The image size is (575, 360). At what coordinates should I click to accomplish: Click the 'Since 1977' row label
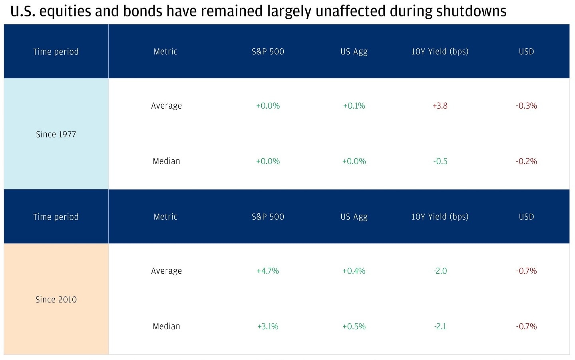pyautogui.click(x=56, y=134)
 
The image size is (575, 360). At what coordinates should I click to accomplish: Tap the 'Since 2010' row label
pyautogui.click(x=56, y=299)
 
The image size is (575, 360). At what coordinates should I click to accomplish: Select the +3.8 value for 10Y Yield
pyautogui.click(x=440, y=106)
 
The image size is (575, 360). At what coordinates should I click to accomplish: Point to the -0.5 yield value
pyautogui.click(x=440, y=161)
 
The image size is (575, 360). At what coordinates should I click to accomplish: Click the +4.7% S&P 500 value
pyautogui.click(x=268, y=271)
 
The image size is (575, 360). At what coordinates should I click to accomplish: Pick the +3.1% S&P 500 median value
pyautogui.click(x=268, y=326)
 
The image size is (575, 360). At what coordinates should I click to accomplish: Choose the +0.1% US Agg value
pyautogui.click(x=354, y=106)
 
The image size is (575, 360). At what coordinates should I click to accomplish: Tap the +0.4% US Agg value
pyautogui.click(x=354, y=271)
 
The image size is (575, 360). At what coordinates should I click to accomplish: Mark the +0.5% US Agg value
pyautogui.click(x=354, y=326)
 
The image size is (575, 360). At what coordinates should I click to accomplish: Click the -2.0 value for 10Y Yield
pyautogui.click(x=440, y=271)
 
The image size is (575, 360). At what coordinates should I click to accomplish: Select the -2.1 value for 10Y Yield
pyautogui.click(x=440, y=326)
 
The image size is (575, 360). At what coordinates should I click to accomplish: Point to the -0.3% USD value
pyautogui.click(x=526, y=106)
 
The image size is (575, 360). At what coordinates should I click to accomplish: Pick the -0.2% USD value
pyautogui.click(x=526, y=161)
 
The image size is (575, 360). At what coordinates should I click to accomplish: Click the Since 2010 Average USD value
pyautogui.click(x=526, y=271)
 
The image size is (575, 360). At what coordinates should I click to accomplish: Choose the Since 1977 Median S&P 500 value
pyautogui.click(x=268, y=161)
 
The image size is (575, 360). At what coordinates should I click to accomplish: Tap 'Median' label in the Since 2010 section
pyautogui.click(x=166, y=326)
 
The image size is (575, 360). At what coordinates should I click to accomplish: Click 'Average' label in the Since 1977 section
pyautogui.click(x=166, y=106)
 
